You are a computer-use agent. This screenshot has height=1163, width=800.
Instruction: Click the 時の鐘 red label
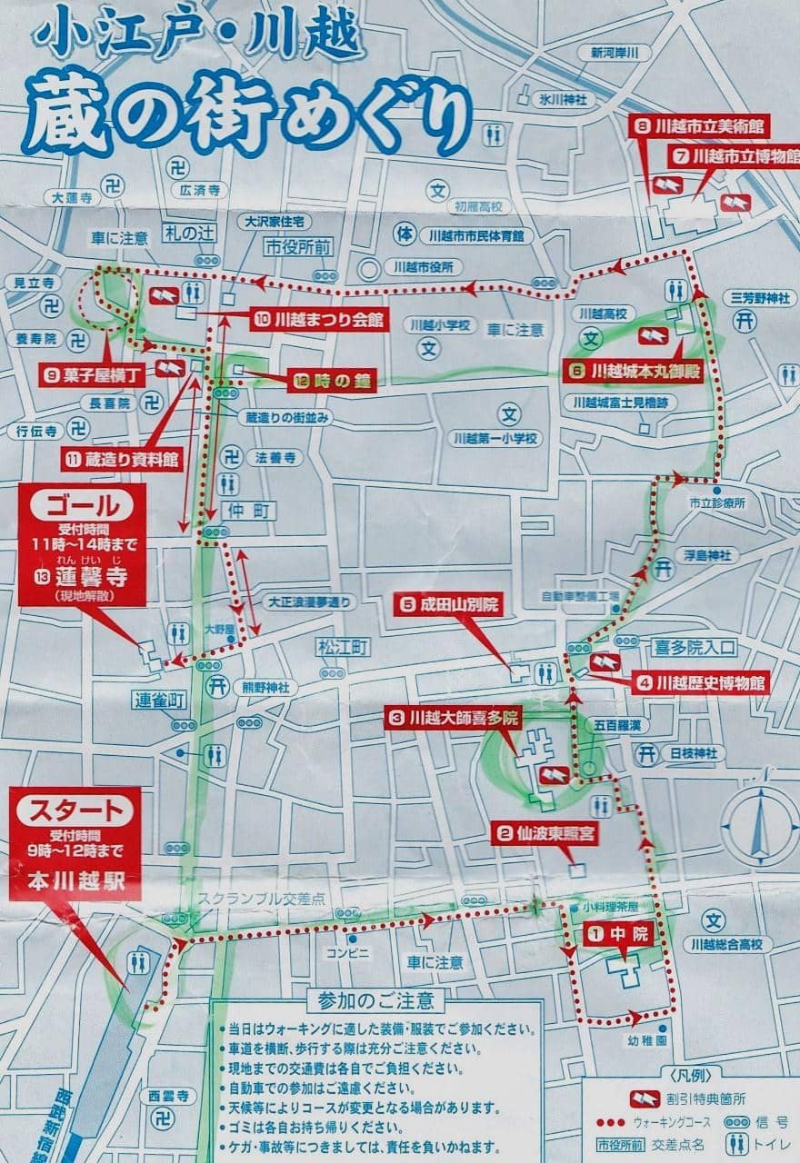click(x=333, y=382)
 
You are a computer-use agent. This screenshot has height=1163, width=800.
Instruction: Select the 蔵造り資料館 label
click(x=123, y=460)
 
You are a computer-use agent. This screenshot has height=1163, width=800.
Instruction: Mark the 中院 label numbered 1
click(x=619, y=931)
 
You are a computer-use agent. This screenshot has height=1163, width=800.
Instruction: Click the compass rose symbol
click(x=759, y=825)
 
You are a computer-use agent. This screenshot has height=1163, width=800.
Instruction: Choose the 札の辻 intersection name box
click(x=192, y=233)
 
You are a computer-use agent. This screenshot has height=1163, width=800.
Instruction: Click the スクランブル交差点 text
click(x=262, y=898)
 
